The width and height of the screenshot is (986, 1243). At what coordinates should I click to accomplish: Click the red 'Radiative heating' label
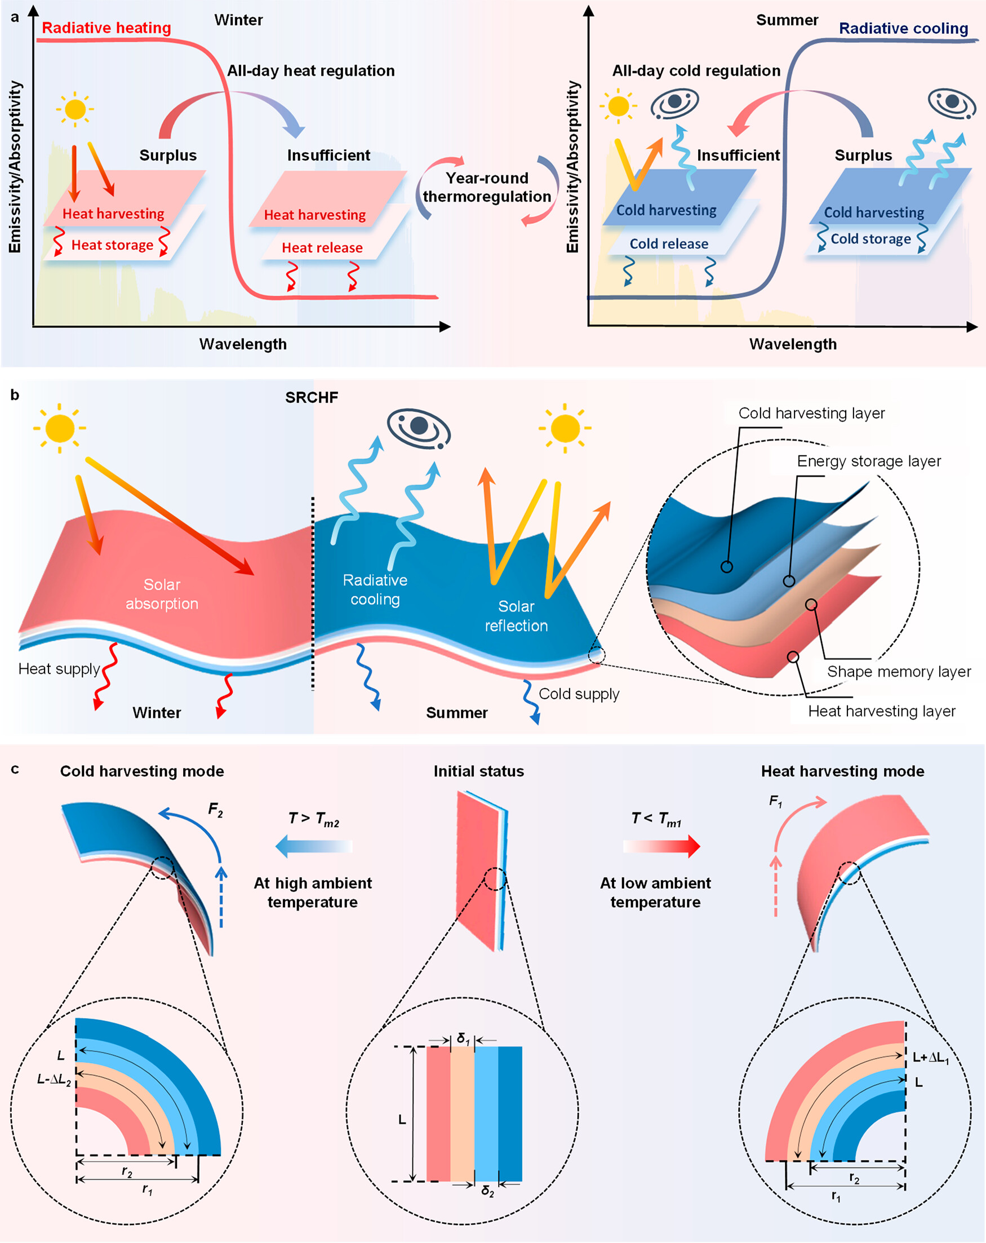106,28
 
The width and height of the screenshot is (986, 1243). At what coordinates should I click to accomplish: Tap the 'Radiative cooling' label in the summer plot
903,28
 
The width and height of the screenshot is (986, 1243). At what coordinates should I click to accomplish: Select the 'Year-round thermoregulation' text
487,188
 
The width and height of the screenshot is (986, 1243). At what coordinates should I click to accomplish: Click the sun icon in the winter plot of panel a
75,109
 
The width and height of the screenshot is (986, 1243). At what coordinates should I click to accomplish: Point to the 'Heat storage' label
112,245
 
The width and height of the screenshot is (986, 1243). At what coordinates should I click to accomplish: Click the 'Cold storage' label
870,239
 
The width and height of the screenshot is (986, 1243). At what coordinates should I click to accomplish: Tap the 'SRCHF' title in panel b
312,397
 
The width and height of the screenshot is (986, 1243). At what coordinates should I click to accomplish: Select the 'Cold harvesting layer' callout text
811,414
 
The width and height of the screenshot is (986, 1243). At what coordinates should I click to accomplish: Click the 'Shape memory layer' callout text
898,672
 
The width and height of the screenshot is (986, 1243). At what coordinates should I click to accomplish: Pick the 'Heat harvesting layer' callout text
881,712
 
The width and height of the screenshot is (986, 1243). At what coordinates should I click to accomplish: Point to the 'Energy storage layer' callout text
868,461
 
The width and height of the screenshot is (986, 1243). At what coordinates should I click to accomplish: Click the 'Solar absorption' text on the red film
162,594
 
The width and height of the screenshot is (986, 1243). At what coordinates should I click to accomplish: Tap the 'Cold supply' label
578,694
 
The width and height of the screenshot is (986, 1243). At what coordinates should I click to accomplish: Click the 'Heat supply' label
59,669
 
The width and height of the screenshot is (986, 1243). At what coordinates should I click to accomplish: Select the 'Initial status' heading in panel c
478,771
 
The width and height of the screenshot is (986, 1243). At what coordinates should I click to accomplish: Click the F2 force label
215,811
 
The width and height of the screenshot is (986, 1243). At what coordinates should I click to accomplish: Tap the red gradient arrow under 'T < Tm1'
661,846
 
